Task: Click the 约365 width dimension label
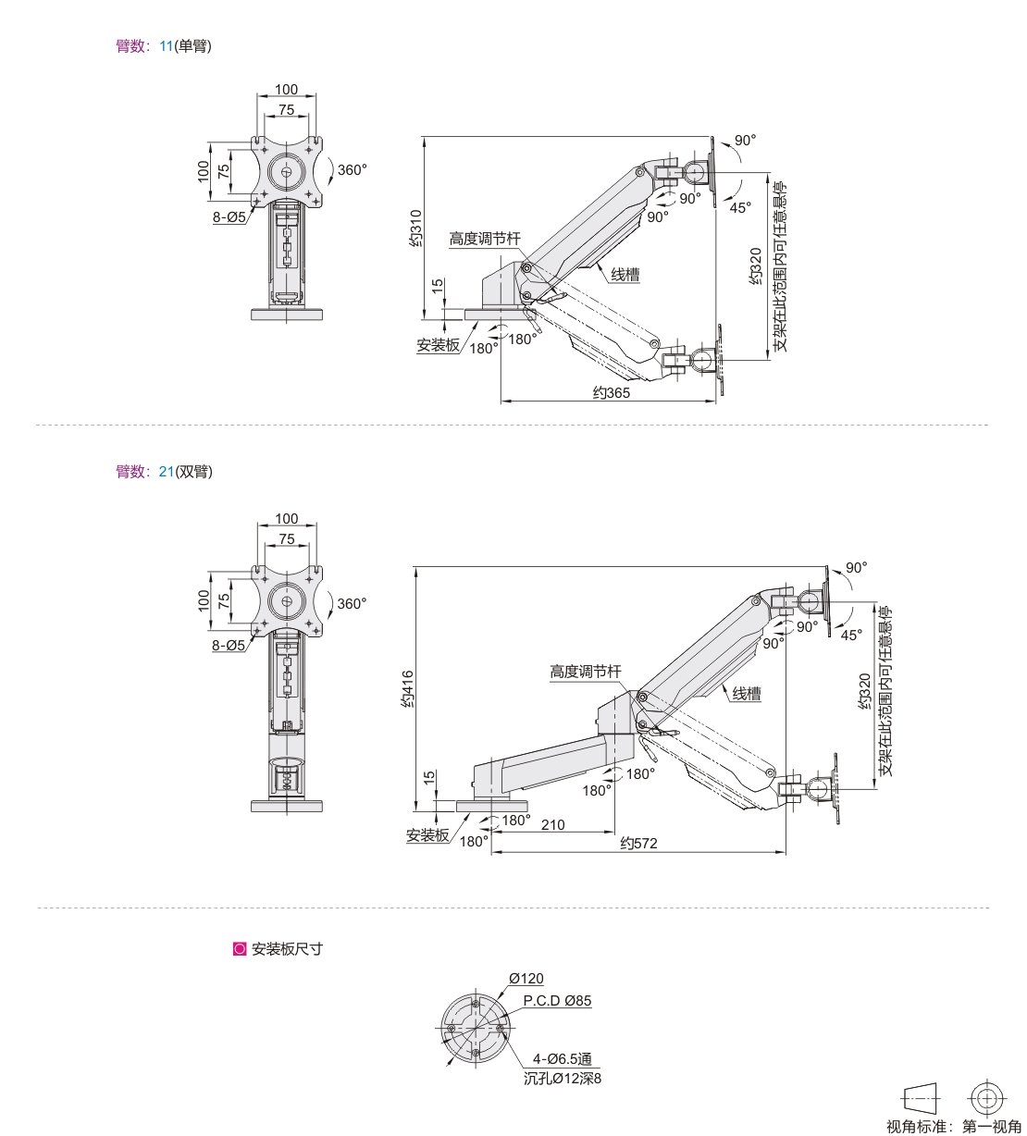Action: point(612,392)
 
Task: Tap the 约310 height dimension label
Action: point(415,228)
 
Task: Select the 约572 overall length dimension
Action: point(638,844)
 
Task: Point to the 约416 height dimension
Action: point(407,688)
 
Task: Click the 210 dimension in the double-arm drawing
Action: point(552,824)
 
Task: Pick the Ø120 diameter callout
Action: point(526,979)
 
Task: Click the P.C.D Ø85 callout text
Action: point(557,1001)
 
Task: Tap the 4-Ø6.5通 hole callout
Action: point(562,1059)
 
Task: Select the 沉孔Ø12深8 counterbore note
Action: point(562,1079)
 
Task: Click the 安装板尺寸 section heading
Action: point(287,949)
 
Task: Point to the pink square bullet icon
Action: point(240,949)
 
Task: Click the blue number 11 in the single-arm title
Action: point(166,46)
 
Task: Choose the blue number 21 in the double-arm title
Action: point(167,472)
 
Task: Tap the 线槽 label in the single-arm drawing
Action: point(625,275)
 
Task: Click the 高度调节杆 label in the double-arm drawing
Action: point(586,672)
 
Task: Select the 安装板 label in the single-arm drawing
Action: point(438,345)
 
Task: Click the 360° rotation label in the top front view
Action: point(352,170)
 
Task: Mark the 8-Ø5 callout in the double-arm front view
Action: point(229,645)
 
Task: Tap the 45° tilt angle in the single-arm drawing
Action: point(740,208)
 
